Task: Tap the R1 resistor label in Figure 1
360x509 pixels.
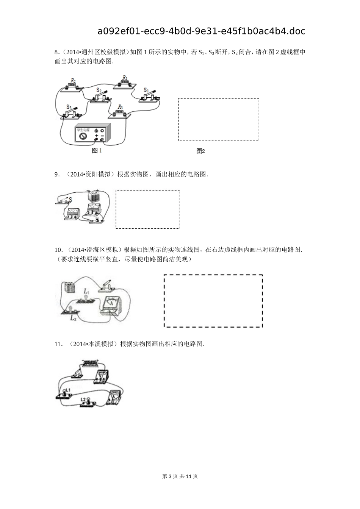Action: (x=124, y=78)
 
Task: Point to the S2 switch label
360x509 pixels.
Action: (x=99, y=90)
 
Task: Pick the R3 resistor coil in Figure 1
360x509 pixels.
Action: (x=120, y=112)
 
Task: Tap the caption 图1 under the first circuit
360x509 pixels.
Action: (x=97, y=151)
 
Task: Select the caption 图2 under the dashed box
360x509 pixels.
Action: (x=200, y=151)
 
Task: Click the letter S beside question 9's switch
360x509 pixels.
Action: (x=70, y=200)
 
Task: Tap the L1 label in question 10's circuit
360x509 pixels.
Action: (x=86, y=291)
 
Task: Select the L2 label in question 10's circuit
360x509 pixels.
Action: (x=73, y=318)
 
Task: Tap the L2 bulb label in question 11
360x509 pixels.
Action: (x=83, y=399)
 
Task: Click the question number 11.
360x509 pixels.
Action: (x=58, y=344)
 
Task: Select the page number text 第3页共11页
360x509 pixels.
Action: (x=180, y=476)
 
